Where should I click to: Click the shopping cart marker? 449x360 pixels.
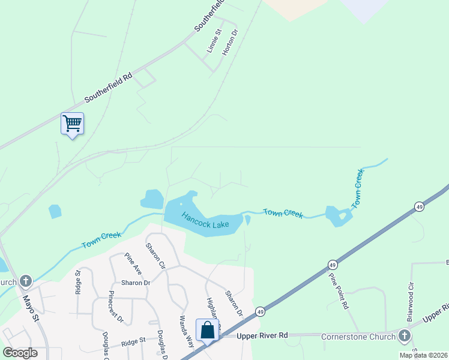(x=72, y=124)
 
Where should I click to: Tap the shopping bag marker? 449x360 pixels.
(x=207, y=330)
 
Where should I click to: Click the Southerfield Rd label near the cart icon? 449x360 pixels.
(x=108, y=88)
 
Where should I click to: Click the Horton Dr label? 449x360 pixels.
(x=227, y=43)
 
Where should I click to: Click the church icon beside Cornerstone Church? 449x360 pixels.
(x=405, y=335)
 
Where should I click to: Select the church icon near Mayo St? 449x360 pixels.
(x=26, y=281)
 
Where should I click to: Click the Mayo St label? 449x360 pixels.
(x=31, y=307)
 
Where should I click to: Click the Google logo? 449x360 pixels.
(x=20, y=353)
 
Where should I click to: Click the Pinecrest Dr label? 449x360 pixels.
(x=116, y=307)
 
